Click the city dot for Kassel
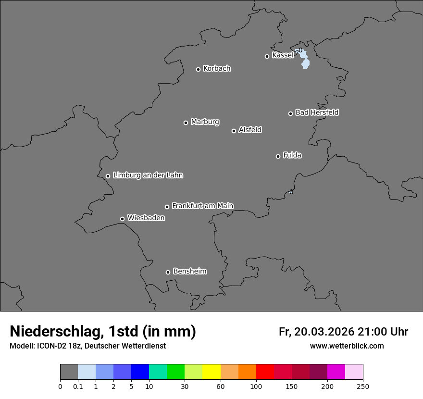tap(267, 57)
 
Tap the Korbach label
tap(217, 69)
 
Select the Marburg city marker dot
tap(186, 123)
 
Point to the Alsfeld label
tap(250, 130)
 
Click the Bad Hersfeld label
tap(317, 112)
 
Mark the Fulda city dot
tap(278, 156)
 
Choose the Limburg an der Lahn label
tap(148, 175)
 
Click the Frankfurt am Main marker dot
tap(167, 207)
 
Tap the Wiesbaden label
tap(146, 218)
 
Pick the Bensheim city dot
tap(168, 272)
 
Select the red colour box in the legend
tap(265, 372)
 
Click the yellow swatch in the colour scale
tap(211, 372)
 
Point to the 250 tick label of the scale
tap(363, 386)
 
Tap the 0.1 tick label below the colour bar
tap(78, 386)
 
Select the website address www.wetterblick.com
tap(347, 346)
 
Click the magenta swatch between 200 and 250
tap(336, 372)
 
